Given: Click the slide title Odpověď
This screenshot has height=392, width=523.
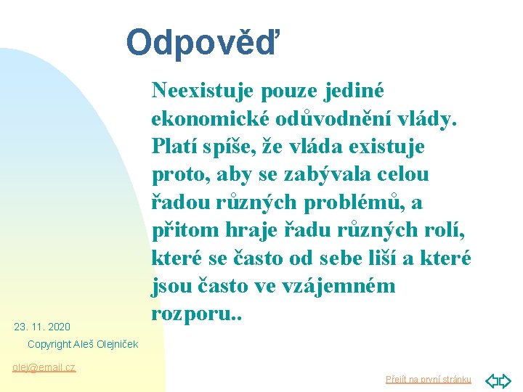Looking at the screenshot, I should [x=202, y=42].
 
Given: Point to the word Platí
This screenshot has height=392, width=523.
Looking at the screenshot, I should [x=172, y=147].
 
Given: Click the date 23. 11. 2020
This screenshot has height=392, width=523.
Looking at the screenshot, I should [x=42, y=327].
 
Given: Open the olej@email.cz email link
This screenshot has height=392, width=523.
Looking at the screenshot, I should [x=44, y=367].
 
